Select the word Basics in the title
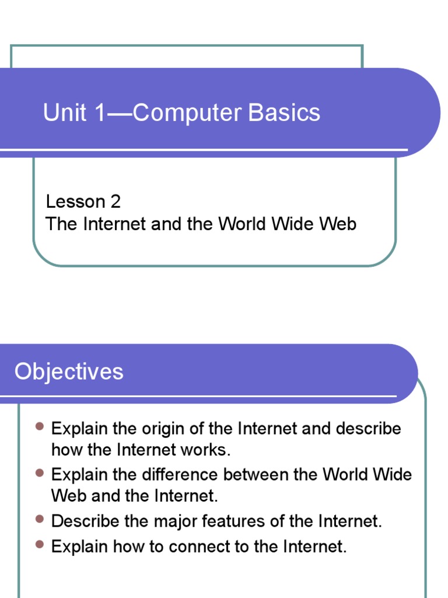tap(285, 113)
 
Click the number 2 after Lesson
tap(114, 202)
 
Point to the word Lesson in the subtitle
tap(75, 202)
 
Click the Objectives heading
tap(69, 372)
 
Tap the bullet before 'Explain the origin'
tap(40, 427)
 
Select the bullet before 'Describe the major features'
tap(40, 519)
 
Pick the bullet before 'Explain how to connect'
tap(40, 544)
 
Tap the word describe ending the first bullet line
tap(368, 429)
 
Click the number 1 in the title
tap(97, 113)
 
